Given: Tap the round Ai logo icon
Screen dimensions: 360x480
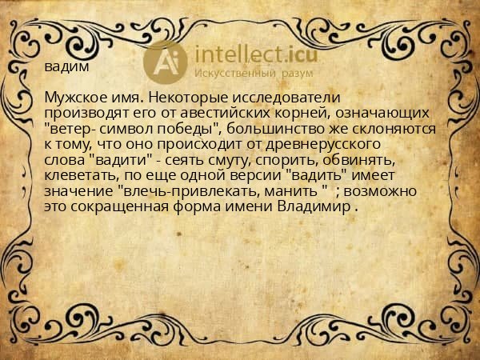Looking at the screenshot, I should [x=166, y=62].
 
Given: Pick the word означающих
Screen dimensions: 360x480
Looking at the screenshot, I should [x=383, y=114].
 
